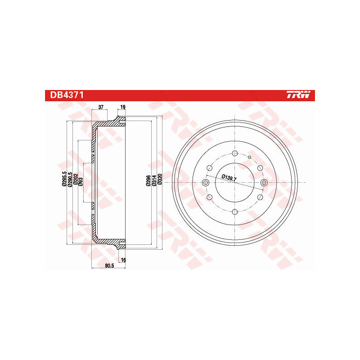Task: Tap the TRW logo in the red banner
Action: [298, 95]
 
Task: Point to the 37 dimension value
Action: [101, 107]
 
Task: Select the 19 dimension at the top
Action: [122, 107]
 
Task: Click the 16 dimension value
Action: [122, 260]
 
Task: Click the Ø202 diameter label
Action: [76, 180]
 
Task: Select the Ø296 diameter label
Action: [148, 180]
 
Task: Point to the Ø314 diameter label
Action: [153, 180]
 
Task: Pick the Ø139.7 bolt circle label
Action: [231, 177]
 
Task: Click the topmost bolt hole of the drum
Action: [235, 153]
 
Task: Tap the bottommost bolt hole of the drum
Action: [235, 211]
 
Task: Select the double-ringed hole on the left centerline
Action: [206, 182]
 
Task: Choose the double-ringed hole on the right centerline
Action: [264, 182]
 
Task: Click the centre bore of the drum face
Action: [235, 182]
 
